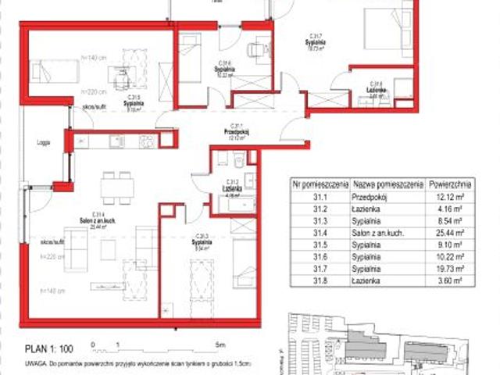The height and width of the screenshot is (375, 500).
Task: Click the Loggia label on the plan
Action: click(x=43, y=143)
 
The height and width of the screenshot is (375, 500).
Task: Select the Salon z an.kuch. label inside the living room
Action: click(x=98, y=218)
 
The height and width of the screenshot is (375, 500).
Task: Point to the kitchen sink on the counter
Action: click(x=116, y=141)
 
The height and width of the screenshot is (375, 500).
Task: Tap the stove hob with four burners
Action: click(x=146, y=141)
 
